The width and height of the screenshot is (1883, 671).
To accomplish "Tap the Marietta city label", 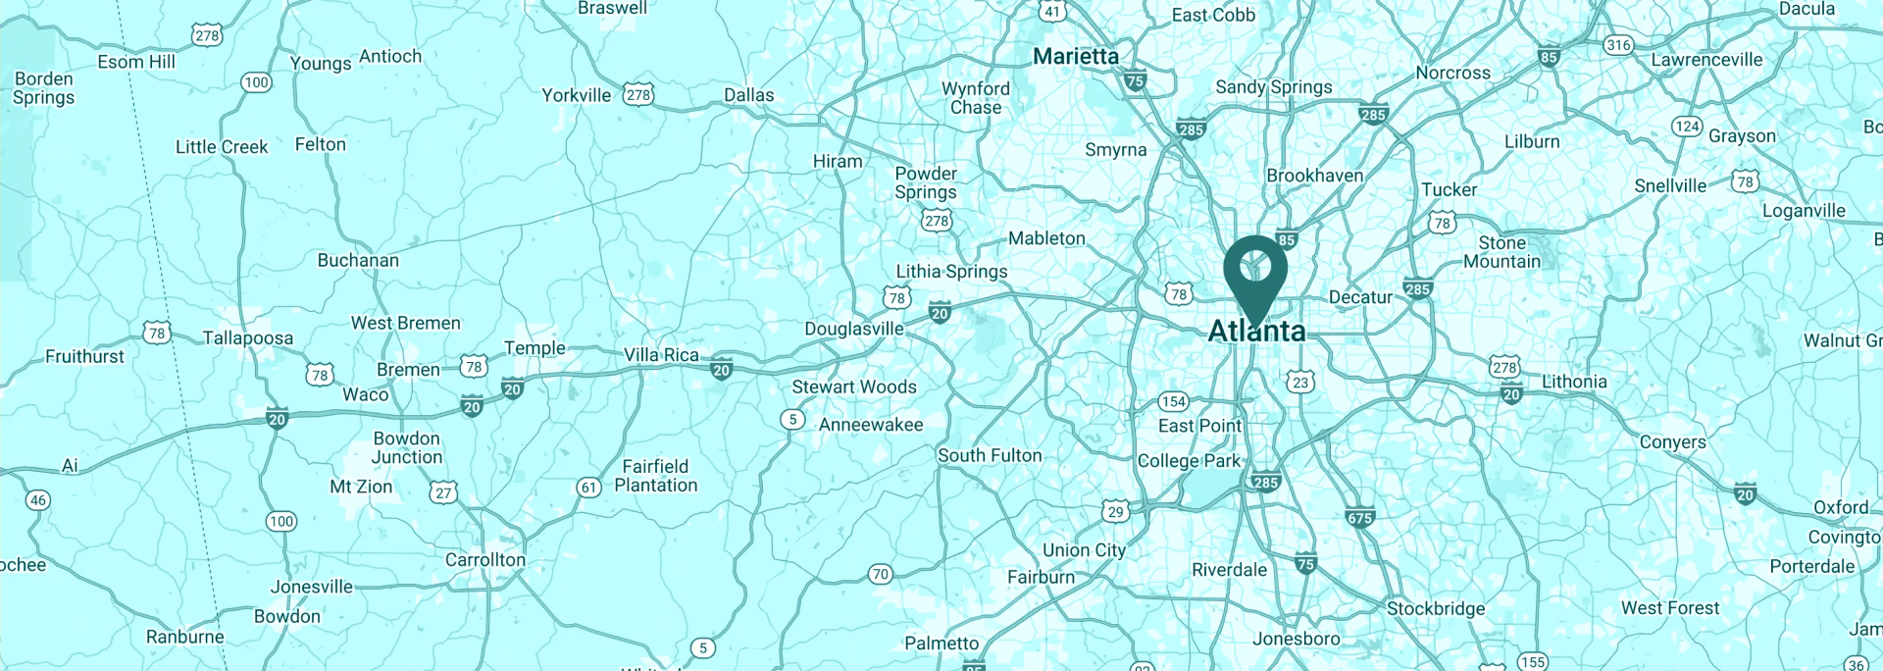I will (1076, 57).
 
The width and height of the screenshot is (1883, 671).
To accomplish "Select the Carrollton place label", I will (485, 560).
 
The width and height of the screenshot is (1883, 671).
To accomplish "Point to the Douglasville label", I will (854, 329).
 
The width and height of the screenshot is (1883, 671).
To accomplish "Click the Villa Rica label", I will (662, 355).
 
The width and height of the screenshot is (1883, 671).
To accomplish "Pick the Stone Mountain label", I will (1501, 252).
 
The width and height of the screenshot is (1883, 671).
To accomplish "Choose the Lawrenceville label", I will (1706, 60).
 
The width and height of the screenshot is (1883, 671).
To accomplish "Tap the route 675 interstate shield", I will (1360, 518).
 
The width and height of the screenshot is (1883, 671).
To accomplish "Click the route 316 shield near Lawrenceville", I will (1618, 45).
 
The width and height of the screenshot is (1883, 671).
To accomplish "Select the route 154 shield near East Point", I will (1173, 401).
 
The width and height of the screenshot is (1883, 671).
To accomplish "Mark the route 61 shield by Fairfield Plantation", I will (588, 488).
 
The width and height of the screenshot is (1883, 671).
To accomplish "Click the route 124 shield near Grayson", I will (1687, 126).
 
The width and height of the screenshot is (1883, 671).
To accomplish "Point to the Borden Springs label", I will (43, 88).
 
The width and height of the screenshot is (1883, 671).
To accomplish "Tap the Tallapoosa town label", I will (248, 338).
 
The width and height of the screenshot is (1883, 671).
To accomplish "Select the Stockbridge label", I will (1436, 608).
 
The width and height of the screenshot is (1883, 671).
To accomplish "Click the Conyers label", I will (1672, 442).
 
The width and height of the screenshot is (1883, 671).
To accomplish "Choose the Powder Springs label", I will (926, 182).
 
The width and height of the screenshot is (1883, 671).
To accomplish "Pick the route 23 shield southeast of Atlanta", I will (1300, 383).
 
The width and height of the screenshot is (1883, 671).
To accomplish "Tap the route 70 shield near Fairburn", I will (881, 575).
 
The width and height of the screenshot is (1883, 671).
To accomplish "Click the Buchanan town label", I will (358, 261).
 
